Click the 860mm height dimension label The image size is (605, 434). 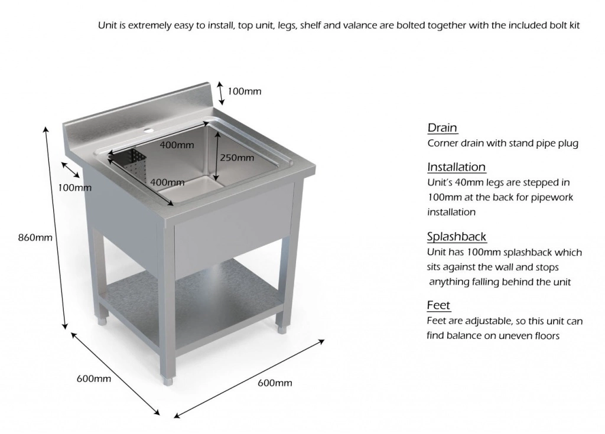coord(35,238)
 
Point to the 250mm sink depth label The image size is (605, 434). coord(236,158)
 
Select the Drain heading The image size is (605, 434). coord(442,128)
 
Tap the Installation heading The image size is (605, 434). coord(456,167)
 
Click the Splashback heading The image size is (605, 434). coord(457,237)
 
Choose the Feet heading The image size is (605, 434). coord(438,305)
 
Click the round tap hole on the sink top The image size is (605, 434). coord(148,128)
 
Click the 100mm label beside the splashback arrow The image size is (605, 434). coord(244,92)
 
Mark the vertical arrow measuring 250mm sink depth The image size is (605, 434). coord(217,156)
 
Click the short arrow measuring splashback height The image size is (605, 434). coord(220,92)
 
